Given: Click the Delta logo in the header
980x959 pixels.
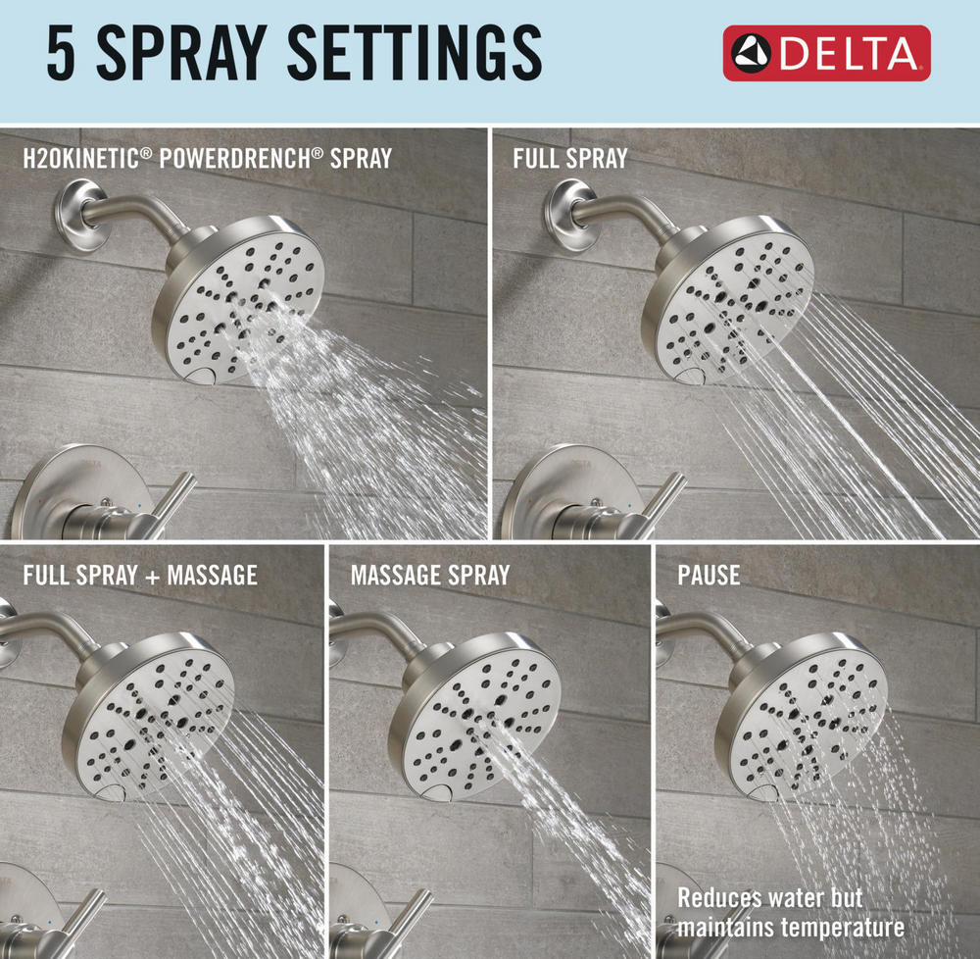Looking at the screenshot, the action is tap(826, 53).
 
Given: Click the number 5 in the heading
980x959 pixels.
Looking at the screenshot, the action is tap(61, 53).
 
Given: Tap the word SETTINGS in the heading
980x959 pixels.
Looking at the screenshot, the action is tap(414, 53).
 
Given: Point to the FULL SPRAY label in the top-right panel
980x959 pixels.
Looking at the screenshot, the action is tap(570, 158).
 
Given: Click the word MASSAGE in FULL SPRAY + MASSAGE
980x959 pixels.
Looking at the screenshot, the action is tap(212, 576).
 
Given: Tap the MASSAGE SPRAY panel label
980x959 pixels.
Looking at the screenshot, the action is tap(430, 576).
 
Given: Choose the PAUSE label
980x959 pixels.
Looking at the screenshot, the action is tap(709, 576).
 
